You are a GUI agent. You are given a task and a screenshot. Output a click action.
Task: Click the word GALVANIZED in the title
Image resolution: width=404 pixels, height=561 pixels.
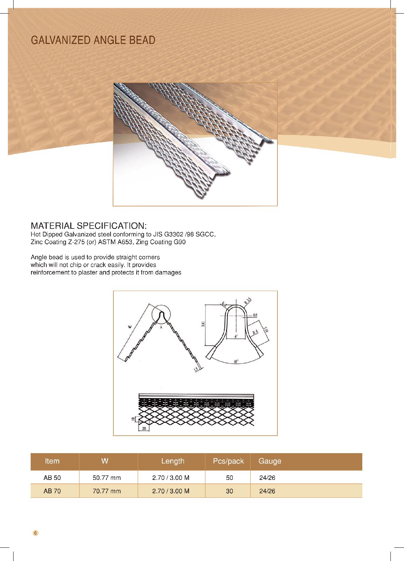pos(57,40)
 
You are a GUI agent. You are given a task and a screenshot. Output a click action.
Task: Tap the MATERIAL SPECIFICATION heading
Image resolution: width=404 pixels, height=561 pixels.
pos(88,226)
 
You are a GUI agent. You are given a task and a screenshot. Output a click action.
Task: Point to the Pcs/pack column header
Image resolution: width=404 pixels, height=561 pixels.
pos(228,461)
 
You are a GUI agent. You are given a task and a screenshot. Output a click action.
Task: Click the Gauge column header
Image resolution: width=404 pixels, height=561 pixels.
pos(270,461)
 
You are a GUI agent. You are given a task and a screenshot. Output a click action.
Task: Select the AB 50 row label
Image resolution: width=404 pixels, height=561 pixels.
pos(52,477)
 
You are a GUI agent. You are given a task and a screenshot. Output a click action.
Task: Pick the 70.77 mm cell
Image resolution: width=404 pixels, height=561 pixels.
pos(107,491)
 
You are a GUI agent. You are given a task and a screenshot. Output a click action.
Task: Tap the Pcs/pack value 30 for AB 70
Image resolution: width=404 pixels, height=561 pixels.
pos(229,491)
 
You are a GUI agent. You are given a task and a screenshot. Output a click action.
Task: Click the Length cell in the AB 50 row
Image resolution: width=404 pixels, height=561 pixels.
pos(171,477)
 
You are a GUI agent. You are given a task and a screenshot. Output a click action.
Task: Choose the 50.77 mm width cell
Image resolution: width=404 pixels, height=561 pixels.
pos(107,477)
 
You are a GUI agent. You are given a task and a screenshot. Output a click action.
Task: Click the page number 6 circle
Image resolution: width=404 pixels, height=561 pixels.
pos(35,533)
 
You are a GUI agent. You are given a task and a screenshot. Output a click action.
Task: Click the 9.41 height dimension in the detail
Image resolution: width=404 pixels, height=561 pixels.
pos(203,324)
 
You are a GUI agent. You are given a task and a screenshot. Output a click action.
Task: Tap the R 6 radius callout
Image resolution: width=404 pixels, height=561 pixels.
pos(255,332)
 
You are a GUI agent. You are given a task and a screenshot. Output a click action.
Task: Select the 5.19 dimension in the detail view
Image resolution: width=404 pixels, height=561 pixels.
pos(266,329)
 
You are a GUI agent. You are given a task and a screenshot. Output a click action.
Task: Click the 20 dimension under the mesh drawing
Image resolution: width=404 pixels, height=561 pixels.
pos(144,428)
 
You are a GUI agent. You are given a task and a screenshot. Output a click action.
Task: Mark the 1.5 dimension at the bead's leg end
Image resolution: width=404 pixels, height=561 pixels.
pos(196,369)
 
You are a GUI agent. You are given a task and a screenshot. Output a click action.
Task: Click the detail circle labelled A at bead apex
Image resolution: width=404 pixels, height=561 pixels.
pos(161,315)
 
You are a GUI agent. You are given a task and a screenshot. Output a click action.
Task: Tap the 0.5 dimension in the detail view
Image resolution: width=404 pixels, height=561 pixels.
pos(255,315)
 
